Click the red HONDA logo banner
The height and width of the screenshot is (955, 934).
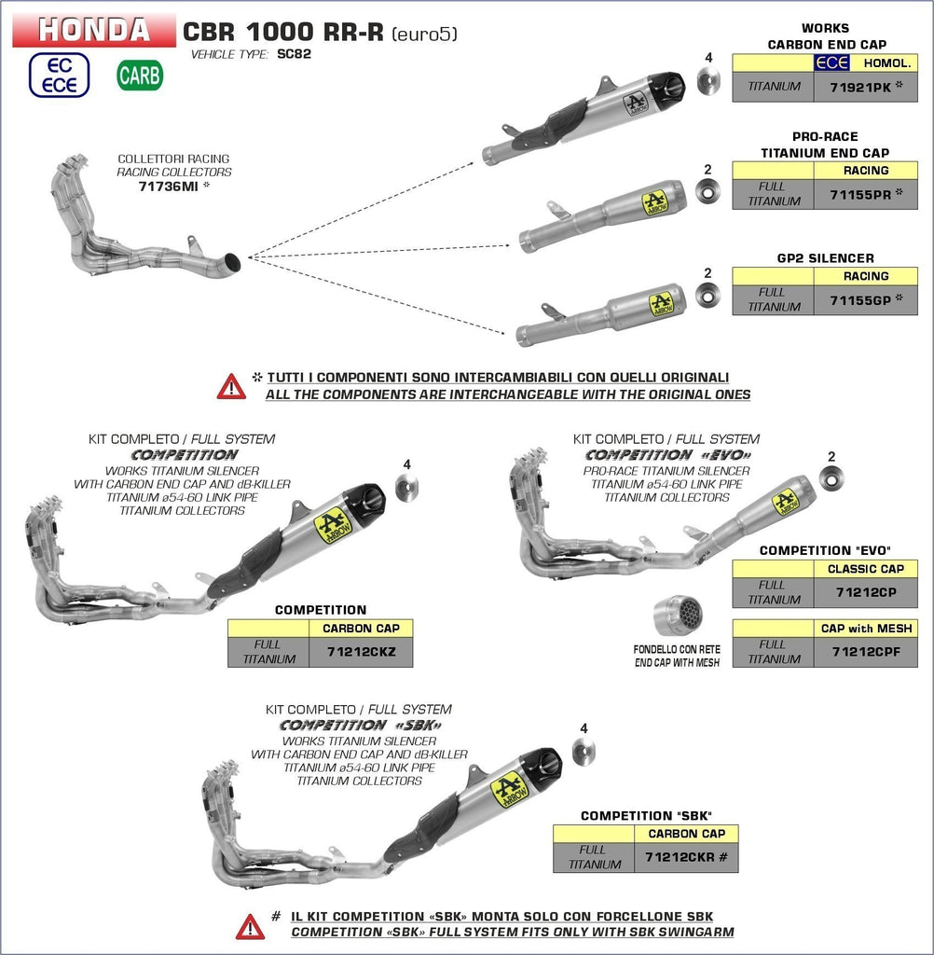(94, 30)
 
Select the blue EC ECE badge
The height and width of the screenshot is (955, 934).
(59, 75)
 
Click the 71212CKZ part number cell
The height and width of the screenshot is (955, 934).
(361, 652)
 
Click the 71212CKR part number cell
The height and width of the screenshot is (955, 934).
(685, 857)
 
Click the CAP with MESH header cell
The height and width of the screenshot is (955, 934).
(866, 629)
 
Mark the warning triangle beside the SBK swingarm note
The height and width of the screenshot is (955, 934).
(250, 926)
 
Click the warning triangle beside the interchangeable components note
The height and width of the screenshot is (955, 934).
(231, 386)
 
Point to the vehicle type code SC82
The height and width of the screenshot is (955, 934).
(294, 54)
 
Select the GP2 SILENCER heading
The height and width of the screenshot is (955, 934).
(825, 258)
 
